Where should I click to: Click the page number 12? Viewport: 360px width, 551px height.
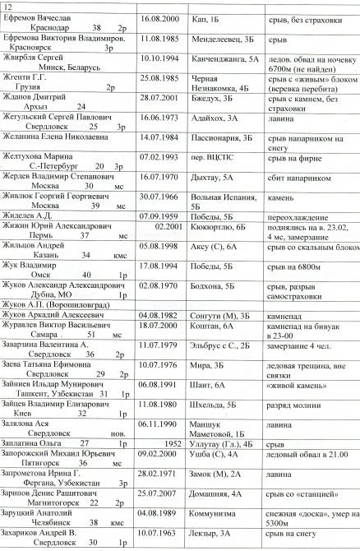[x=7, y=6]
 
